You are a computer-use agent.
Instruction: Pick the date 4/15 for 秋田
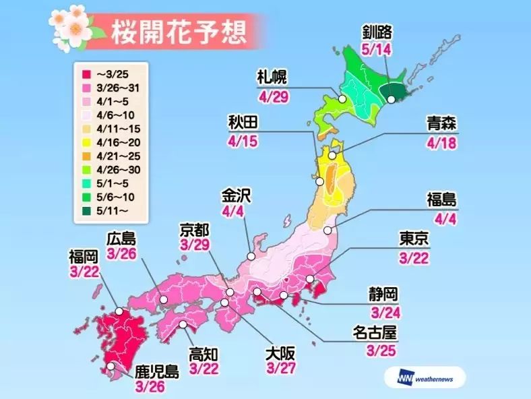pos(241,143)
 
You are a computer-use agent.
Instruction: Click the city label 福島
pos(442,199)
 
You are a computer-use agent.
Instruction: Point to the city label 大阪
pos(281,350)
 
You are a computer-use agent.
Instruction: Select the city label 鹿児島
pos(156,371)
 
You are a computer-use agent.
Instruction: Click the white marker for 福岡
pos(119,311)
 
